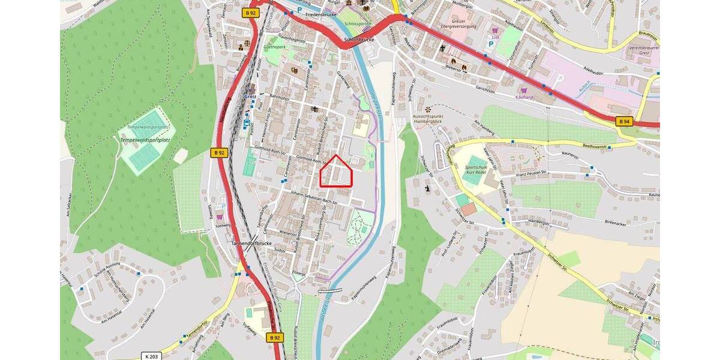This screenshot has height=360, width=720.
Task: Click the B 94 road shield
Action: [x=625, y=121]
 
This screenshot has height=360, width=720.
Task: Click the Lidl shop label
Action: [x=496, y=37]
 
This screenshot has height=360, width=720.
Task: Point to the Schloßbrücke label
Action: [x=359, y=40]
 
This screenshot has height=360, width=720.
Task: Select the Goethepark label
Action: [x=274, y=46]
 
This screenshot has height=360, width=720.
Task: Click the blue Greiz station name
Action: [x=250, y=95]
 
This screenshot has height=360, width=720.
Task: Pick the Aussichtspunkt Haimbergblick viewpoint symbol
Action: [x=427, y=109]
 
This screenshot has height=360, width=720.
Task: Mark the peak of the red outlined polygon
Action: [x=336, y=155]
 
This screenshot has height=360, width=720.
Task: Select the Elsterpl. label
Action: [x=298, y=272]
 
